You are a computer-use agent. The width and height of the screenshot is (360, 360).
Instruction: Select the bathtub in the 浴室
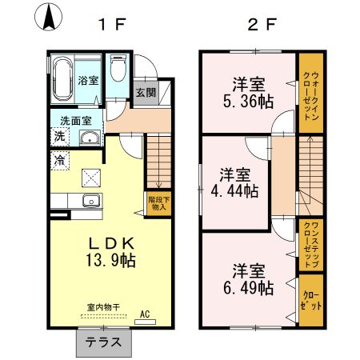[63, 79]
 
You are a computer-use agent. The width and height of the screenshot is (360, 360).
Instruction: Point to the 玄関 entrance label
[145, 91]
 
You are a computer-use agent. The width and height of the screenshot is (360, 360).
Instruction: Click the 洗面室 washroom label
[76, 121]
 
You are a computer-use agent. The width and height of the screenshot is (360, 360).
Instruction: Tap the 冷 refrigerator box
[59, 161]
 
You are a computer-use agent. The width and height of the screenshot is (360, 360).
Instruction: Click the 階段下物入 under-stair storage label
[157, 202]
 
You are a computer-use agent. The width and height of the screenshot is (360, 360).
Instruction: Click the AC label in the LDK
[146, 315]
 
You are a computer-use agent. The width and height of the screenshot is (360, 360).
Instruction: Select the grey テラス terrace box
[103, 342]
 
